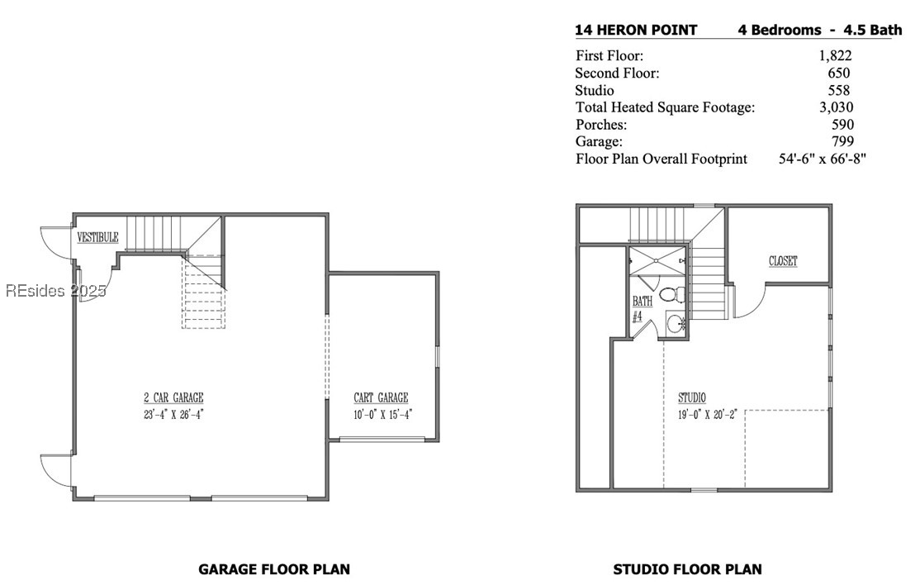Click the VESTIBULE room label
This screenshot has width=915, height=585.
point(98,237)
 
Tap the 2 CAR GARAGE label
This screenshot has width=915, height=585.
point(174,397)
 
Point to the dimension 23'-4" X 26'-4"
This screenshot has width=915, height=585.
point(174,415)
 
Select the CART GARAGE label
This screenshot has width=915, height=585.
point(381,397)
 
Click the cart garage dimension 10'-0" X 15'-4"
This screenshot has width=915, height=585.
point(383,415)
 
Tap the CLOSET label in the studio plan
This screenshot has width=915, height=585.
point(783,261)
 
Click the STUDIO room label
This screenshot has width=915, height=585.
point(692,397)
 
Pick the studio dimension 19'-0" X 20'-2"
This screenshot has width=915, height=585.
point(708,415)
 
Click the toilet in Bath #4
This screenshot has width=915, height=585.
point(673,293)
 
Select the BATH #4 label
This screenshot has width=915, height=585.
point(642,309)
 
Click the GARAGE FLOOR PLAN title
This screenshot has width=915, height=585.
point(274,569)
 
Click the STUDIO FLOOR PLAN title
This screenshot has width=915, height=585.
point(687,569)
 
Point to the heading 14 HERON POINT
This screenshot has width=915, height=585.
point(636,31)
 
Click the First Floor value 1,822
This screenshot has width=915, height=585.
point(835,55)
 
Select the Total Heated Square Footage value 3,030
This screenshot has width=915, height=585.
point(837,107)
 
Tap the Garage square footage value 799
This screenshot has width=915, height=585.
point(842,141)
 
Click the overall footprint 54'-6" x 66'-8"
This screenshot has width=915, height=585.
point(823,159)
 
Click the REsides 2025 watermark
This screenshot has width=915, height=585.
point(56,290)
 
